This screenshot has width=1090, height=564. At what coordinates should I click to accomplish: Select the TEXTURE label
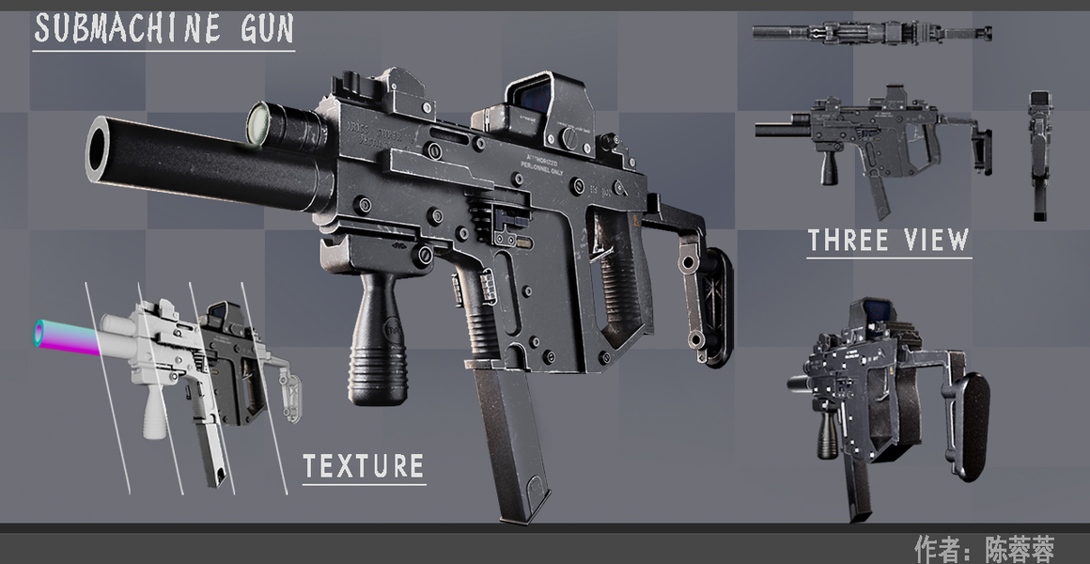(x=364, y=466)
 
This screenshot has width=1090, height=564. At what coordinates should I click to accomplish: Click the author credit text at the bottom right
(x=984, y=548)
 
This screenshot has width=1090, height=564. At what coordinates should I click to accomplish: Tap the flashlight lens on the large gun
(x=260, y=124)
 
